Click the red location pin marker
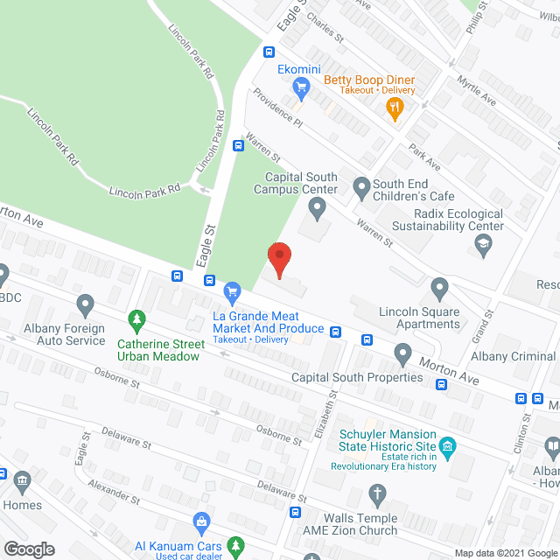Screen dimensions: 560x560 pos(278,259)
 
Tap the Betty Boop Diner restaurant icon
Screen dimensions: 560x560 pos(395,108)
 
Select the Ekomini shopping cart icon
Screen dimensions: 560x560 pos(302,86)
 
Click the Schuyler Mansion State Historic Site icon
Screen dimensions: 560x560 pos(447,448)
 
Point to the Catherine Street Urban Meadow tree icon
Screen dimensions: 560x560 pos(136,318)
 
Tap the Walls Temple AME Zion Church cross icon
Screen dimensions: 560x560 pos(377,494)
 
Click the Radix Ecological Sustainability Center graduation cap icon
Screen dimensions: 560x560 pos(481,248)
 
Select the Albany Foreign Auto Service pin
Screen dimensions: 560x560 pos(85,305)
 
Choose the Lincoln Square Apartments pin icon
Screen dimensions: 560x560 pos(439,287)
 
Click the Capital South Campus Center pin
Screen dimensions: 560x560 pos(317,207)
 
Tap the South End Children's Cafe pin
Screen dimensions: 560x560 pos(360,185)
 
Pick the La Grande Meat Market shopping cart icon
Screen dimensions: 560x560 pos(232,290)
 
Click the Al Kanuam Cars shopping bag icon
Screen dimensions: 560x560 pos(202,522)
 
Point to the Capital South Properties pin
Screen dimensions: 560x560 pos(402,355)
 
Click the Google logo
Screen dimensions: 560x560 pos(28,549)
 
